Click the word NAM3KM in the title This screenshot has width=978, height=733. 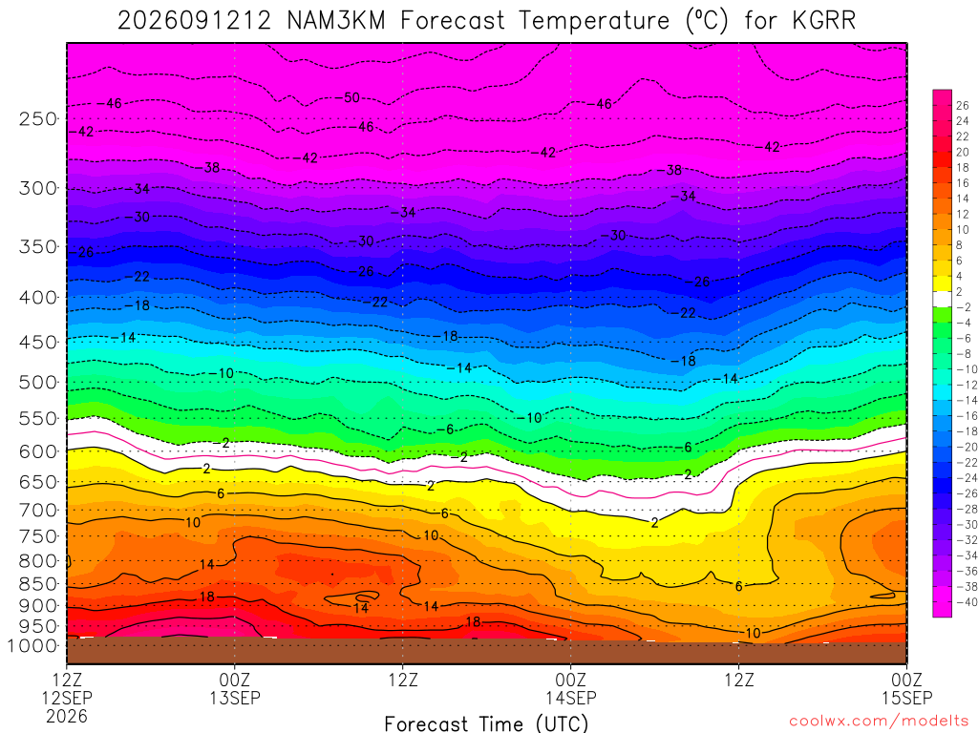point(336,21)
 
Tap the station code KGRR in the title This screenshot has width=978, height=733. point(824,21)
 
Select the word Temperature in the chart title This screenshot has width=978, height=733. point(594,21)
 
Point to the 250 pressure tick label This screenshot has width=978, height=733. point(37,118)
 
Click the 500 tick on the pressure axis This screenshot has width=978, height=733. point(37,382)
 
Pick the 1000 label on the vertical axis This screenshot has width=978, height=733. point(32,646)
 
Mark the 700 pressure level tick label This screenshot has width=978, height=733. point(37,510)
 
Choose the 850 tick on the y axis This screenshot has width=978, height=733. point(37,584)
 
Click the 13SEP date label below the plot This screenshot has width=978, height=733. point(235,698)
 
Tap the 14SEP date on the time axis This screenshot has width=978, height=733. point(571,698)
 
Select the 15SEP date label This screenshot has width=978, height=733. point(906,698)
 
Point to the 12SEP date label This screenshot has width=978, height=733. point(67,698)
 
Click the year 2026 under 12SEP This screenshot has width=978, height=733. point(67,716)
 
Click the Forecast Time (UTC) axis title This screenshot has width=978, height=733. point(486,723)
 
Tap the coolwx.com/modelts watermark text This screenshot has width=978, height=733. point(879,722)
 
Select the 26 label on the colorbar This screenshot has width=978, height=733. point(963,105)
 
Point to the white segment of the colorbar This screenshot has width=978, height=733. point(942,299)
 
